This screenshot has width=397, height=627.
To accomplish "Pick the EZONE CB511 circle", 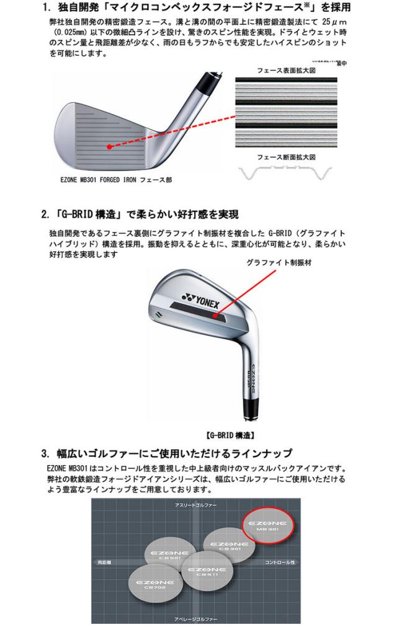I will coord(203,572).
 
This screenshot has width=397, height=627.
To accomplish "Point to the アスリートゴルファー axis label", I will coord(195,507).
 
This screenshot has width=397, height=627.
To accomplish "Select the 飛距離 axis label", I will coord(104,563).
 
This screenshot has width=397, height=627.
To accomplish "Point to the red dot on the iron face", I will coord(109,147).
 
